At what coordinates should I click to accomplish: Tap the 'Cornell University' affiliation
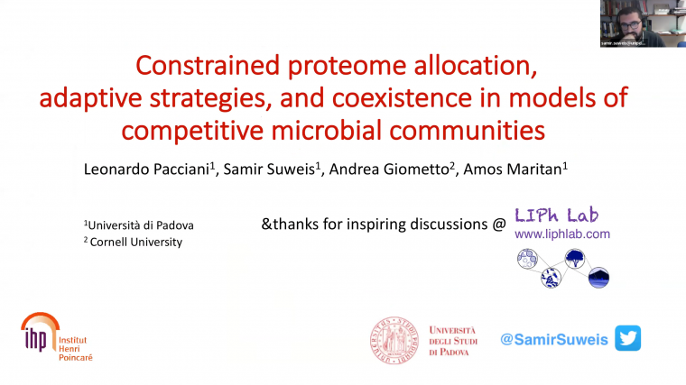click(x=135, y=242)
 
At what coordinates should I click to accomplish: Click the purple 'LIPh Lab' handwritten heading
click(x=556, y=215)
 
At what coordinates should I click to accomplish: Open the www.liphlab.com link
click(x=561, y=234)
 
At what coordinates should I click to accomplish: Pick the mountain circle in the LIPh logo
click(x=598, y=278)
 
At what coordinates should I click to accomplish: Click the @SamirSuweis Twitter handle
click(x=554, y=339)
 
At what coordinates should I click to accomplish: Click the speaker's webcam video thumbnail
click(x=642, y=23)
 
